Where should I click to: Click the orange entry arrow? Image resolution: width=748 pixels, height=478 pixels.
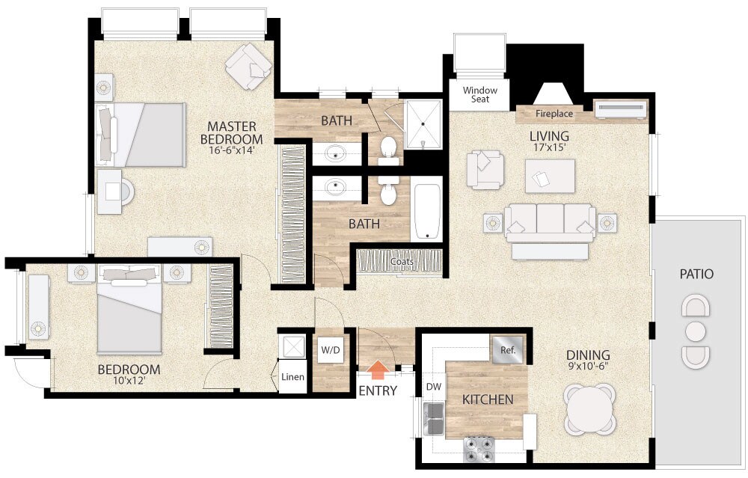378,370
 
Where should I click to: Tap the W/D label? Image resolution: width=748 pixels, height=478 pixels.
331,350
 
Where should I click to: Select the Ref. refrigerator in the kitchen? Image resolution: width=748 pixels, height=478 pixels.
508,350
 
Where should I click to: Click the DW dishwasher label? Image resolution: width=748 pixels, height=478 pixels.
434,387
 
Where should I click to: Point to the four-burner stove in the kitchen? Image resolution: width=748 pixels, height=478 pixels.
479,450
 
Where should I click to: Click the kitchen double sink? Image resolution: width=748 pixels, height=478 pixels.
434,418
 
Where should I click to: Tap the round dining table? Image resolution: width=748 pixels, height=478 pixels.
589,409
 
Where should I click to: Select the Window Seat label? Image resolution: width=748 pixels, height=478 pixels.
480,94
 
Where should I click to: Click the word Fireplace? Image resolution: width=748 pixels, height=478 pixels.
554,114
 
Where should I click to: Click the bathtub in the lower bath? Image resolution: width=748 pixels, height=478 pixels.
427,212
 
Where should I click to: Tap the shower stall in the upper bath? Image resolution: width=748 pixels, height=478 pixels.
423,124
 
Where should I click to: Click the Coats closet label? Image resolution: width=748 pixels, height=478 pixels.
402,261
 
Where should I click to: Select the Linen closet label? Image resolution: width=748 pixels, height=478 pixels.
292,377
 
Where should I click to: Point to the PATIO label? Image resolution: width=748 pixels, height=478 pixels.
696,274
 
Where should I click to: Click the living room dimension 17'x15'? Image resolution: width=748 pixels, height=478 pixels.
549,147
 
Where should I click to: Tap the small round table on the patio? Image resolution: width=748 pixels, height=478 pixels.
695,331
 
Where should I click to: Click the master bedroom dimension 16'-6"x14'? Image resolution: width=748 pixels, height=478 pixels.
231,150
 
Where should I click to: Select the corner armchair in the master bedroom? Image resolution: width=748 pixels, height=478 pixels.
248,67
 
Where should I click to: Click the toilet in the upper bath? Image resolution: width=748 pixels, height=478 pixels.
389,148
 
